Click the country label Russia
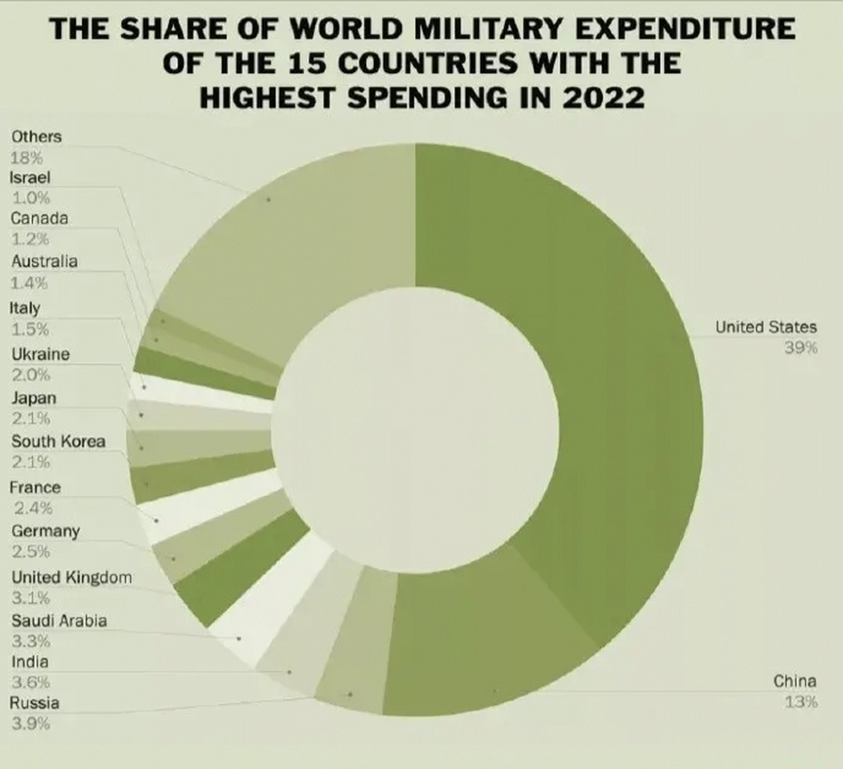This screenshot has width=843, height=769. coord(34,703)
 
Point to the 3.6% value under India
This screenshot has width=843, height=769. coord(30,682)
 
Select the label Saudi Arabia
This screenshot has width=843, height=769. coord(59,621)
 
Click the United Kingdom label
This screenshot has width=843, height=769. coord(71,577)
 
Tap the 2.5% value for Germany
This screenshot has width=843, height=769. coord(30,552)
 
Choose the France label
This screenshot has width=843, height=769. coord(35,487)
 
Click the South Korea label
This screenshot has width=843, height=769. coord(58,442)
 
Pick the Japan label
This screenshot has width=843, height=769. coord(34,398)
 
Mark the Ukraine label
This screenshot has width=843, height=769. coord(40,354)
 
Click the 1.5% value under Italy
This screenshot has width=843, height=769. coord(29,329)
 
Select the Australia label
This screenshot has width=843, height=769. coord(44,261)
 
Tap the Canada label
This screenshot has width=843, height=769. coord(39,218)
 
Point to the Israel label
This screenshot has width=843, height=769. coord(30,178)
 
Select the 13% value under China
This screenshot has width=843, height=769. coord(801,702)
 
